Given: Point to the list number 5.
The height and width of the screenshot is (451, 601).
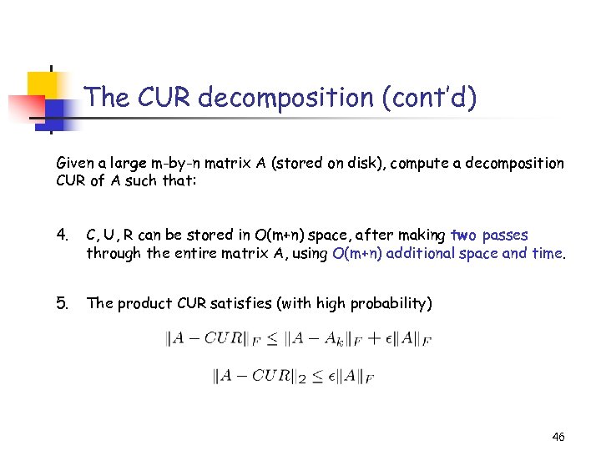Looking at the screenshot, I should (63, 303).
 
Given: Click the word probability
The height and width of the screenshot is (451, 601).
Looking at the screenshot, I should (392, 303).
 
